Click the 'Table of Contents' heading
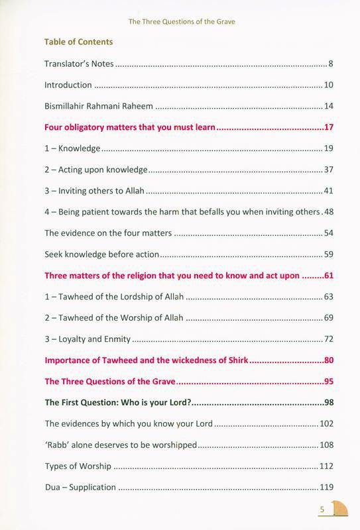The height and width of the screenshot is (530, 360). click(78, 42)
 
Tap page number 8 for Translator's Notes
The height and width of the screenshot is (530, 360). click(330, 64)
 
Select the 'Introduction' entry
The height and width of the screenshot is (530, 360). click(68, 85)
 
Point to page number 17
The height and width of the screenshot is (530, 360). click(328, 127)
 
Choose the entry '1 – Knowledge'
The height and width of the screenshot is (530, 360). click(72, 148)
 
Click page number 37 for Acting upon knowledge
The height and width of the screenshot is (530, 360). click(328, 170)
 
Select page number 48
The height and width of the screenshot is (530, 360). click(328, 212)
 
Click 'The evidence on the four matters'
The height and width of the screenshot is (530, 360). click(108, 233)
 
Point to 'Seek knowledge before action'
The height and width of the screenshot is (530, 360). click(102, 254)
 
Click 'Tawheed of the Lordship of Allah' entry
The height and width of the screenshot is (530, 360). click(114, 297)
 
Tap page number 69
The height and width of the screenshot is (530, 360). click(328, 318)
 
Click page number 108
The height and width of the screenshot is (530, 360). click(326, 445)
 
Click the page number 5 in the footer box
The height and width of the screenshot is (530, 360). click(322, 509)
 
